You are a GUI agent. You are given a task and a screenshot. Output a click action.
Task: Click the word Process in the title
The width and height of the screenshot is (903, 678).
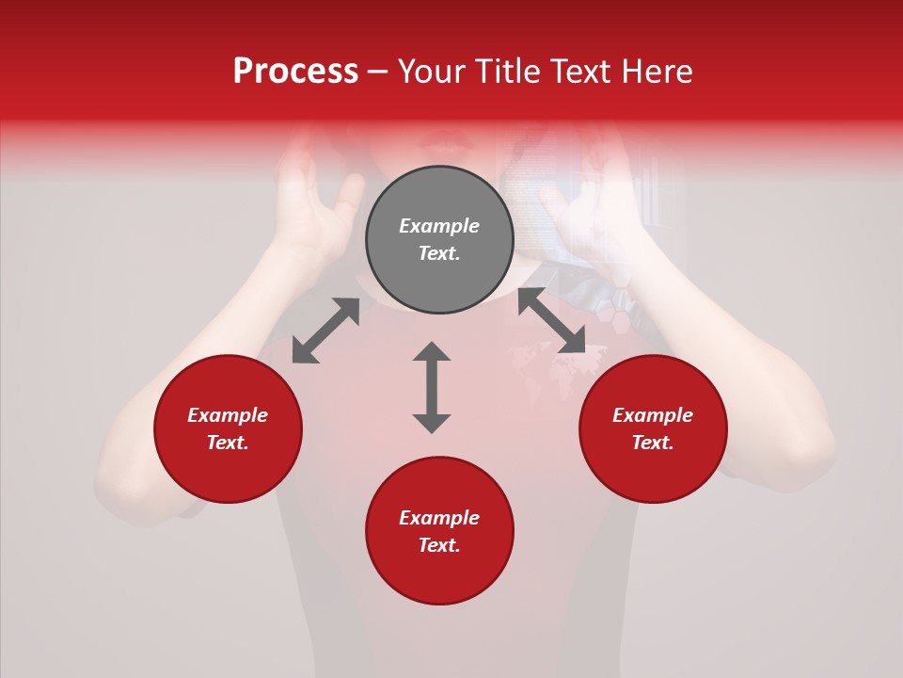tap(295, 72)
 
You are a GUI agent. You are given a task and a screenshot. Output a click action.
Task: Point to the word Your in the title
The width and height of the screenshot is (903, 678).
tap(431, 72)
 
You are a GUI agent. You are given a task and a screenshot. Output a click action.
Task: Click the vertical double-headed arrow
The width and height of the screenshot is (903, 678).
tap(432, 387)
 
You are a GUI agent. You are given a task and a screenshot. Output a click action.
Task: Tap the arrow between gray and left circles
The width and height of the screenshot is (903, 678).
tap(325, 331)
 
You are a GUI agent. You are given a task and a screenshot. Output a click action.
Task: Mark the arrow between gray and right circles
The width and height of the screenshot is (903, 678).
tap(551, 321)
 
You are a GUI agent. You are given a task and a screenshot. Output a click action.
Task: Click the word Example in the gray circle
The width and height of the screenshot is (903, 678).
tap(439, 226)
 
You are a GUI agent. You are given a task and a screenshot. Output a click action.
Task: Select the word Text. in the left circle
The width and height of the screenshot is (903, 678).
tap(228, 443)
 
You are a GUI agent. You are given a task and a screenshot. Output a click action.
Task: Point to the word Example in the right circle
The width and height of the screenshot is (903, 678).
tap(653, 415)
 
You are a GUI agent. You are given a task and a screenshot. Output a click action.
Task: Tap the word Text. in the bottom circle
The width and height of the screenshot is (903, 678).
tap(439, 545)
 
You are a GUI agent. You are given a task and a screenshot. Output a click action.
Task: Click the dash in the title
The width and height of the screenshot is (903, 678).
tap(377, 72)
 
